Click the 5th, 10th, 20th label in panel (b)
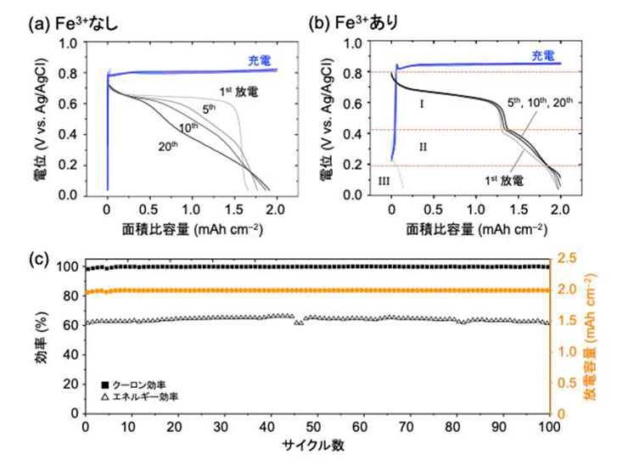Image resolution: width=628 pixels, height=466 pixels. coord(540,103)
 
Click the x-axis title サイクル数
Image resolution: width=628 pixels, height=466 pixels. coord(317,445)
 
